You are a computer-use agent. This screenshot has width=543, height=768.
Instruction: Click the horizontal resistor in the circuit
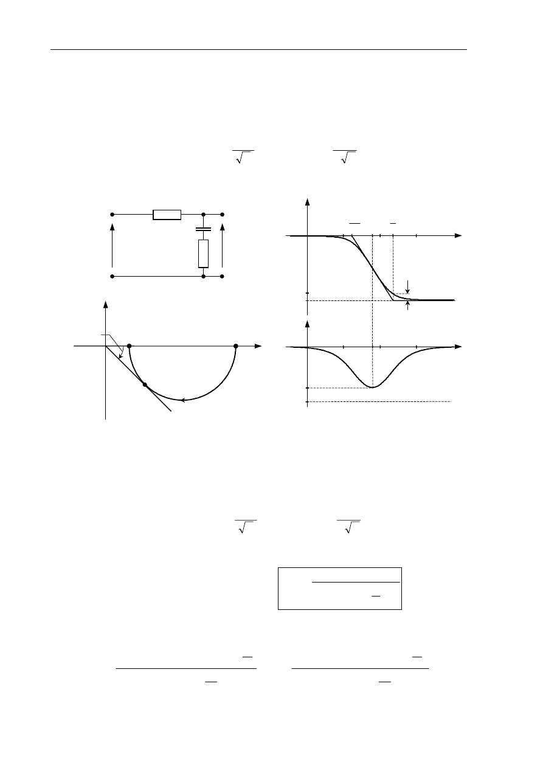[x=167, y=214]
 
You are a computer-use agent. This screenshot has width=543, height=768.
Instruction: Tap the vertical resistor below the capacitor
[x=203, y=254]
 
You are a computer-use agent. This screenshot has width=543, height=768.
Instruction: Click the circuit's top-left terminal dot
[x=112, y=214]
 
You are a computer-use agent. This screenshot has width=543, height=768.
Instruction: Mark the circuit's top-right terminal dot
[x=223, y=214]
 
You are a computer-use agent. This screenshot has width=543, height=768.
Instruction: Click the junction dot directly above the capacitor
[x=203, y=214]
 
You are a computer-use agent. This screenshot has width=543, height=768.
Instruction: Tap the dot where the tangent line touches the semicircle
[x=144, y=384]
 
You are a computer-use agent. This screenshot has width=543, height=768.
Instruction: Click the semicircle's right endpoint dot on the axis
[x=235, y=346]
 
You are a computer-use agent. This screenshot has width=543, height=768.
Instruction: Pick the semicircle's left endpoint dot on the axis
[x=129, y=346]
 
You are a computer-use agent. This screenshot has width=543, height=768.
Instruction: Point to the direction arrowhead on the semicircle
[x=182, y=400]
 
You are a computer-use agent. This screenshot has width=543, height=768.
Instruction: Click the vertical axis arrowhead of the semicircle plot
[x=106, y=305]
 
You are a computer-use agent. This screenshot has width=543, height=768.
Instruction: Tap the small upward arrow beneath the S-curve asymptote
[x=407, y=306]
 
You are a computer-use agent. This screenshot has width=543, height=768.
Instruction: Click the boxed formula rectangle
[x=340, y=588]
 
